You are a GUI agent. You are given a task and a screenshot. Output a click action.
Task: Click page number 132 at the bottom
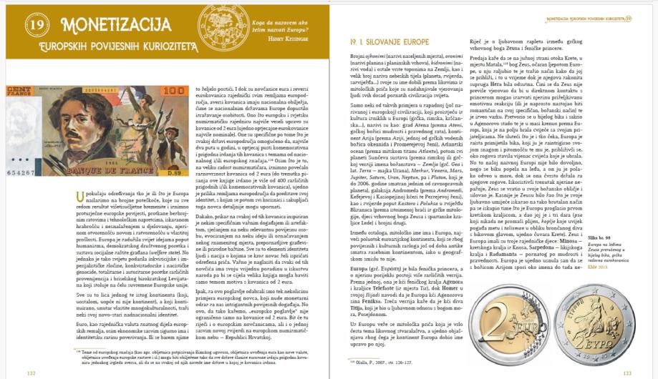[31, 371]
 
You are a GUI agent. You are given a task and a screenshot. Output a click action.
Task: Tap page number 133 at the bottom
[626, 371]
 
